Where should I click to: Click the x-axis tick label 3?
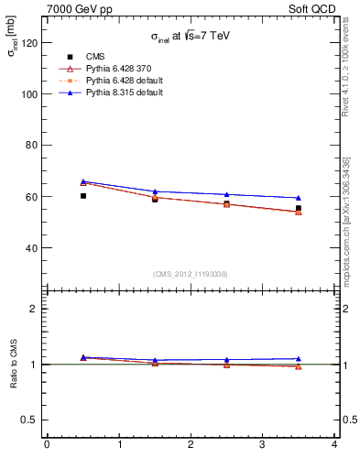click(x=262, y=445)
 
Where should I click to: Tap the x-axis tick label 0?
click(x=47, y=445)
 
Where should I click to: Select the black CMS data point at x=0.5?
click(x=82, y=196)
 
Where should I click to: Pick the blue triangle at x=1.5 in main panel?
click(x=155, y=191)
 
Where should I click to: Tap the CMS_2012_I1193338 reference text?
click(x=191, y=274)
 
